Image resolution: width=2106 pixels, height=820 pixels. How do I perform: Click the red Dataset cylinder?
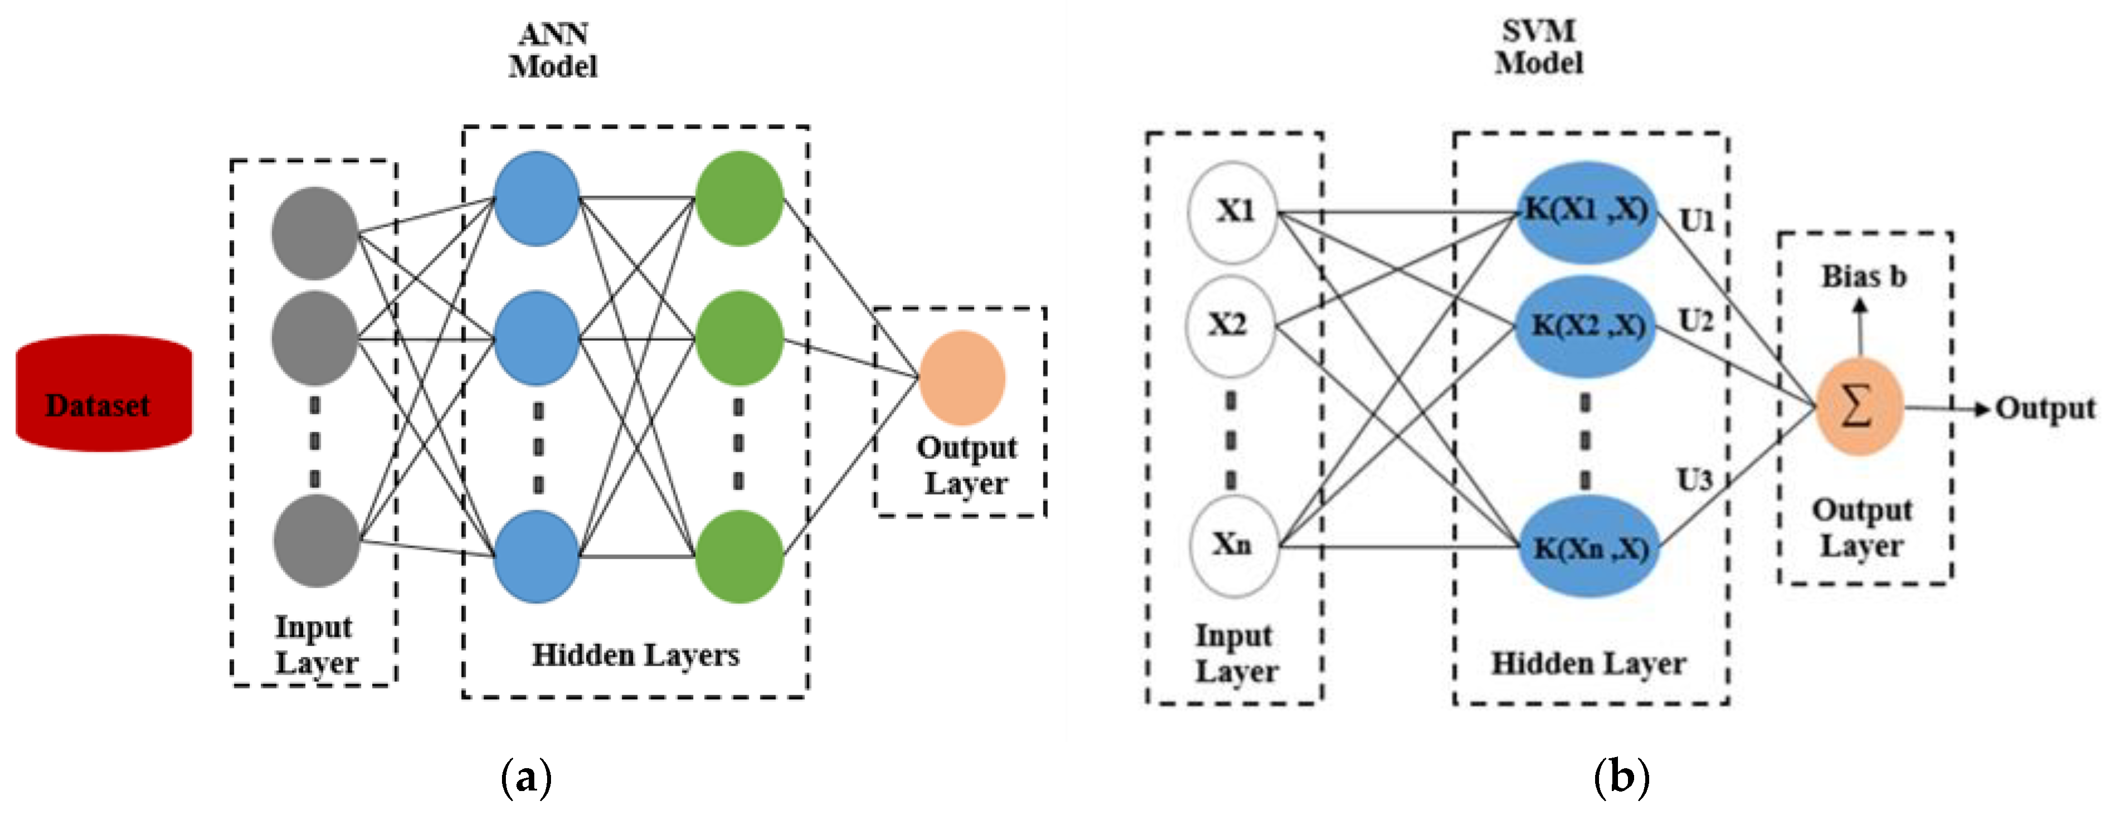(104, 394)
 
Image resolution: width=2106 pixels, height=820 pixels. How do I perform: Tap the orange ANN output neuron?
(962, 378)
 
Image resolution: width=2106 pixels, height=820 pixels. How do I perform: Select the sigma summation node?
(1858, 406)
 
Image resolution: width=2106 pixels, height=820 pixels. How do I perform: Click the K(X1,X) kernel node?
(1586, 212)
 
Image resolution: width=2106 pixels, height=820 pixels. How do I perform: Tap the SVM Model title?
(1539, 47)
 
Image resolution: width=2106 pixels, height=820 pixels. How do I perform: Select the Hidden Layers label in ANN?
(635, 656)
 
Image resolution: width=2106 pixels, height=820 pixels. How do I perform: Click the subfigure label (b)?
(1621, 777)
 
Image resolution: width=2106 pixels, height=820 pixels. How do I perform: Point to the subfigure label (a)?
(526, 777)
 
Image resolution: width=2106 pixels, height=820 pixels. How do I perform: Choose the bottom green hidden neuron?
(739, 557)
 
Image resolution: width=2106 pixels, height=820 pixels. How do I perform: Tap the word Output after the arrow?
(2045, 408)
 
